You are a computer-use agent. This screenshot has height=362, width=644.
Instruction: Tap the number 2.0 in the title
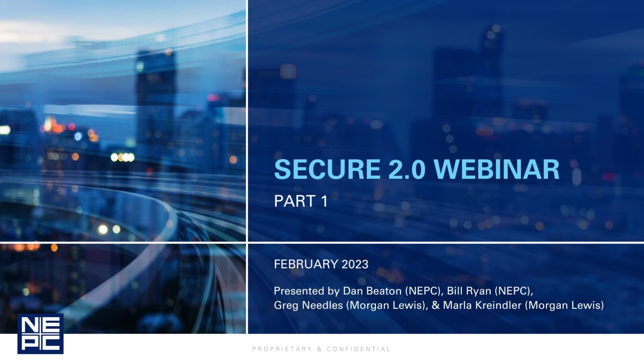point(407,169)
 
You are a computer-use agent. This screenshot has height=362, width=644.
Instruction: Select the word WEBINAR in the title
point(497,169)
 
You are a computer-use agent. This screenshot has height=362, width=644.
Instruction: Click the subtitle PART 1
point(301,201)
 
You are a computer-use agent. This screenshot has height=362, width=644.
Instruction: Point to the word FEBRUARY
point(306,264)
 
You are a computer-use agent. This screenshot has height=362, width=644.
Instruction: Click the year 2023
point(355,264)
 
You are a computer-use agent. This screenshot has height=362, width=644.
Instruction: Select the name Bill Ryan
point(469,291)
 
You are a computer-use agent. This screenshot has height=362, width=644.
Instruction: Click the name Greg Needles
point(308,305)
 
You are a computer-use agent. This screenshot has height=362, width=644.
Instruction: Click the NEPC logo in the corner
point(41,333)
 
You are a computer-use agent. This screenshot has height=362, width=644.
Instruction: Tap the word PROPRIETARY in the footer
point(282,349)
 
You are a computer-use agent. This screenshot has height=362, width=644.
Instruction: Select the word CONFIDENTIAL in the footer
point(358,349)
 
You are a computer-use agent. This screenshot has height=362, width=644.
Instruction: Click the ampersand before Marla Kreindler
point(436,305)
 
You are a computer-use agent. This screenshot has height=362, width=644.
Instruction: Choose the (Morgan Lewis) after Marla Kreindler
point(564,305)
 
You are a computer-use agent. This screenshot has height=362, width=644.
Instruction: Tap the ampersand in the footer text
point(320,349)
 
